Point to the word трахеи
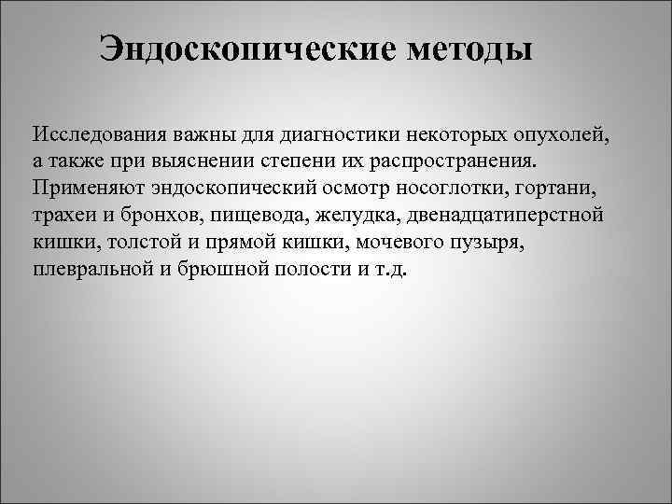pyautogui.click(x=63, y=215)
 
